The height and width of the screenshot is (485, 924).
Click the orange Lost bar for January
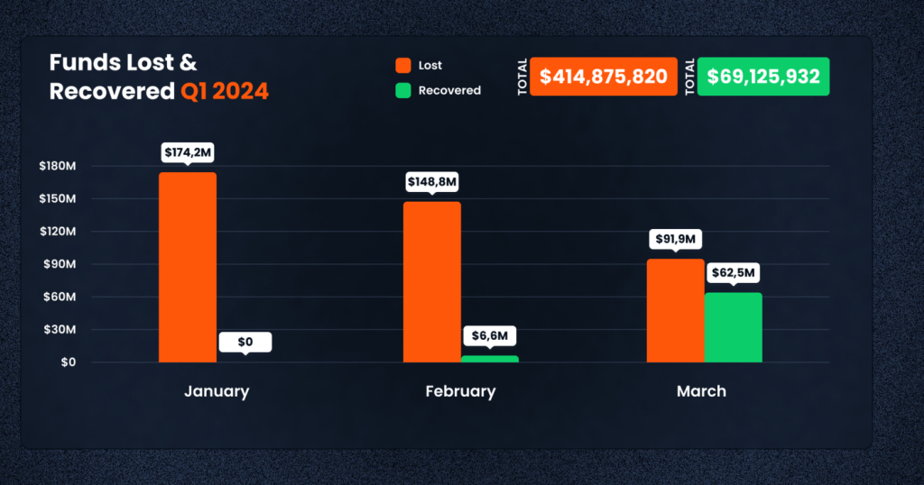pyautogui.click(x=188, y=267)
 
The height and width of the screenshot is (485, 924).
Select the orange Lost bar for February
pyautogui.click(x=431, y=281)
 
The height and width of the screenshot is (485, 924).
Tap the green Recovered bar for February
pyautogui.click(x=490, y=359)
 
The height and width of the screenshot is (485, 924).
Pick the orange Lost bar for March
pyautogui.click(x=676, y=310)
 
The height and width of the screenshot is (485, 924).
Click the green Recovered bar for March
pyautogui.click(x=734, y=327)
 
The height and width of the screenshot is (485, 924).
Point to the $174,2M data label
pyautogui.click(x=188, y=153)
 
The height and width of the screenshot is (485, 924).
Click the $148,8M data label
pyautogui.click(x=432, y=182)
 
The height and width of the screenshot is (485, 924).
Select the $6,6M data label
pyautogui.click(x=490, y=335)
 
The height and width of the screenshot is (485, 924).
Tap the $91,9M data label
pyautogui.click(x=676, y=240)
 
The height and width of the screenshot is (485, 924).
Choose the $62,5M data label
pyautogui.click(x=734, y=272)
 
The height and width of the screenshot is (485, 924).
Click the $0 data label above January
pyautogui.click(x=245, y=343)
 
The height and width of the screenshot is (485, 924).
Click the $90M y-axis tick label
pyautogui.click(x=59, y=264)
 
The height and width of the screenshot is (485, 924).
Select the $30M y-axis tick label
pyautogui.click(x=59, y=330)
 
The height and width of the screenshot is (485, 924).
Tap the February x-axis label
pyautogui.click(x=460, y=391)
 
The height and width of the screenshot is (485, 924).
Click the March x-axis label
pyautogui.click(x=701, y=391)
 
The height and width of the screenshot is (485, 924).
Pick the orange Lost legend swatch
pyautogui.click(x=403, y=66)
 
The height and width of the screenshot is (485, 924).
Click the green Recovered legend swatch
pyautogui.click(x=403, y=90)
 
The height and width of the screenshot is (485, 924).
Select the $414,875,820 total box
pyautogui.click(x=603, y=77)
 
